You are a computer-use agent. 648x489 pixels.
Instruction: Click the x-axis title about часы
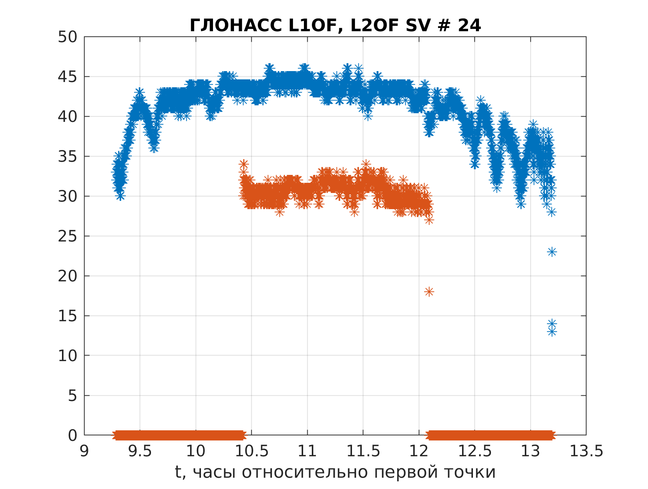point(335,472)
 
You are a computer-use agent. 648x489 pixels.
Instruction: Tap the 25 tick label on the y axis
point(68,236)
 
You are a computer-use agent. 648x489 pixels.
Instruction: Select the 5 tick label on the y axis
point(73,396)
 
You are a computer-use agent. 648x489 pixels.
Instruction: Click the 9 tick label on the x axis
point(85,451)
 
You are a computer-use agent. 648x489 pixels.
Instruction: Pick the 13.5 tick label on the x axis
point(586,451)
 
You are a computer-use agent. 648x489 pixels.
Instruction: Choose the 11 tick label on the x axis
point(307,451)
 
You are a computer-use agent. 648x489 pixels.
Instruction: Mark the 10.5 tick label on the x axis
point(252,451)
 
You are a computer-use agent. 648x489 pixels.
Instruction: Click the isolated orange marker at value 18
point(429,292)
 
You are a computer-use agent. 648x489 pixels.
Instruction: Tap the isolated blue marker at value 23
point(551,252)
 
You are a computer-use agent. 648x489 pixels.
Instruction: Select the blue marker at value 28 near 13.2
point(551,212)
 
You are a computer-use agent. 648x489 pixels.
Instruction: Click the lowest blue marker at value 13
point(551,331)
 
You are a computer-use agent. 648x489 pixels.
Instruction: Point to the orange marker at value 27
point(429,220)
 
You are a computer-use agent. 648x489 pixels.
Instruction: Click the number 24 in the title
point(469,26)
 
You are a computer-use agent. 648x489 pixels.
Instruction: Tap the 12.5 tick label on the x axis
point(474,451)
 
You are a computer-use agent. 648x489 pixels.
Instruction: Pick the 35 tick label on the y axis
point(68,156)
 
